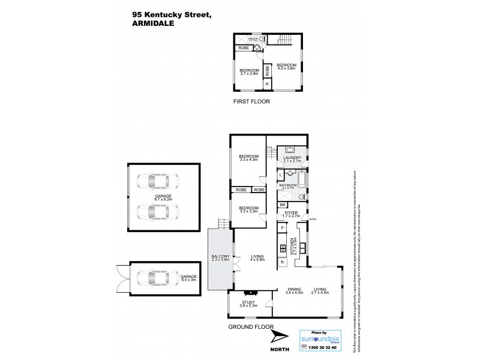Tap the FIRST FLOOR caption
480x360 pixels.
pos(251,102)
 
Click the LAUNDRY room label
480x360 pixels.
pos(292,160)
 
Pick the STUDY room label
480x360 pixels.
pos(249,304)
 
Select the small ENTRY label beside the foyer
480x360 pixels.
pos(313,220)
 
